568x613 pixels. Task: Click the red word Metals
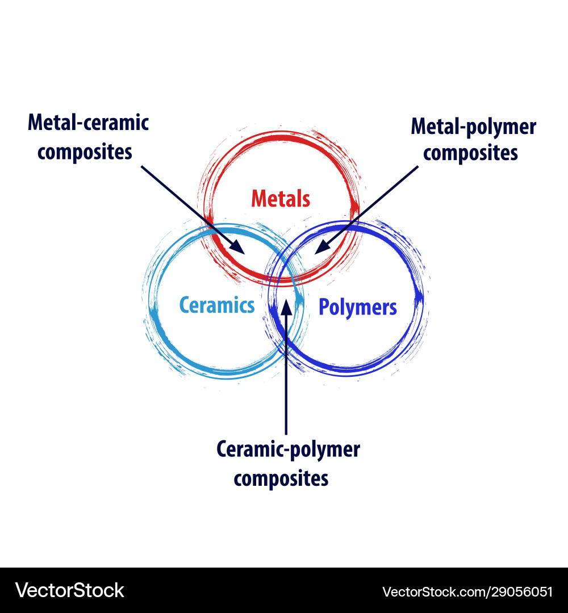[281, 199]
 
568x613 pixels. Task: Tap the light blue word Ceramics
[217, 305]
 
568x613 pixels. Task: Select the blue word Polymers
[357, 307]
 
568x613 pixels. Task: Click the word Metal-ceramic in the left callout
[88, 122]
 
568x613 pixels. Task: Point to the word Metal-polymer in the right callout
[473, 126]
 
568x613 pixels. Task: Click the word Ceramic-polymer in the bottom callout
[288, 450]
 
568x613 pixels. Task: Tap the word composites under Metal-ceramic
[85, 152]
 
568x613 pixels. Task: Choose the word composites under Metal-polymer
[470, 153]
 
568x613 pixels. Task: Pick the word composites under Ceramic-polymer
[281, 478]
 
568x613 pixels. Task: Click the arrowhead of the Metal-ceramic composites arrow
[239, 248]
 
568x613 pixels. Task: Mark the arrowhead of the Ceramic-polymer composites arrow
[286, 306]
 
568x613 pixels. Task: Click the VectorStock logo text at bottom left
[69, 590]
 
